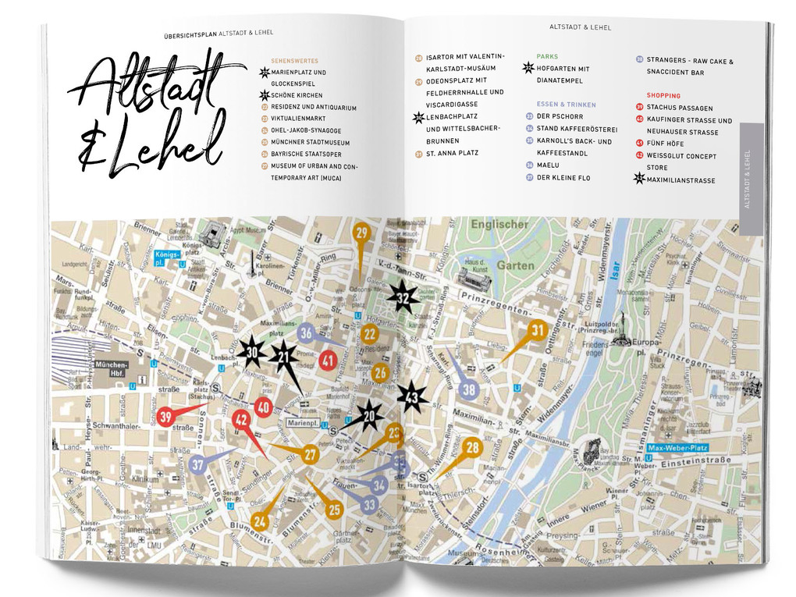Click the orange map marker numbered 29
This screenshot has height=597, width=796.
coord(361,233)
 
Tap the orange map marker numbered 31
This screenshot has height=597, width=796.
coord(537,330)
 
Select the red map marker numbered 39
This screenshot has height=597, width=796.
coord(165,417)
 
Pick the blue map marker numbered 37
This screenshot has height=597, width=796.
coord(197,464)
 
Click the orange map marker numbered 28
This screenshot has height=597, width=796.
coord(471,448)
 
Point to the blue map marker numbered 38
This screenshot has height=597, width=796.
coord(468,389)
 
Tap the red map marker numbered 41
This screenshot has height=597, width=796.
coord(328,361)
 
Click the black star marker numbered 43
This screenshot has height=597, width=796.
coord(412,398)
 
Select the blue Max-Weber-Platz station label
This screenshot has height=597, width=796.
coord(677,448)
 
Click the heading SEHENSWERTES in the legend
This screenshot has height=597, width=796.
coord(294,61)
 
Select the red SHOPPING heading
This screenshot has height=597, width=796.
coord(663,96)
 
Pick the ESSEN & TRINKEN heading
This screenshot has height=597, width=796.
coord(566,105)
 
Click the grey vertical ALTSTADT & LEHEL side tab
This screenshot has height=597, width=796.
coord(751,179)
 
